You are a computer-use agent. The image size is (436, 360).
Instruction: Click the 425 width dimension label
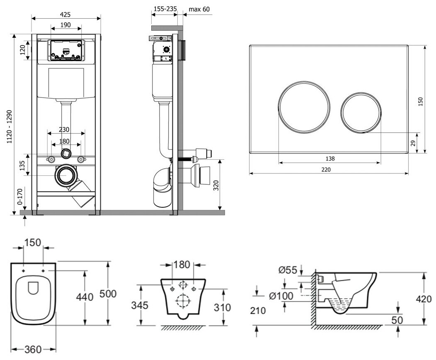coord(65,13)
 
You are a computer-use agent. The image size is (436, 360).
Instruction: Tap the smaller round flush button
coord(361,112)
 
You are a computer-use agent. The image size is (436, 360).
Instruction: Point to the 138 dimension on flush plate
coord(330,158)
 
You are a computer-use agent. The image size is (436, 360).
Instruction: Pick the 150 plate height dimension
coord(421,101)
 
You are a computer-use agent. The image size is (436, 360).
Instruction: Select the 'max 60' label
coord(199,9)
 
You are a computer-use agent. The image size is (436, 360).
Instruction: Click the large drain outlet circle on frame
coord(65,176)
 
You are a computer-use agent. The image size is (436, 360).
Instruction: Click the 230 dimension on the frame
coord(64,129)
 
